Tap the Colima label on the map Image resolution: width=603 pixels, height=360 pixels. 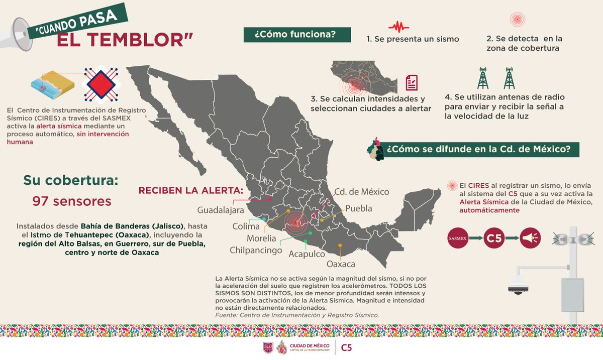point(246,226)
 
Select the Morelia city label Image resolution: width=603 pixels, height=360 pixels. point(261,238)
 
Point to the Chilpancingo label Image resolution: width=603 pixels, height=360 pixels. point(256,250)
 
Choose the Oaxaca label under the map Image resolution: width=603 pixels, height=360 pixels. point(341,264)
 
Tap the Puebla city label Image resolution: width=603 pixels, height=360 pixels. point(359,208)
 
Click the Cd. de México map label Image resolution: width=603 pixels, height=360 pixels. point(362,192)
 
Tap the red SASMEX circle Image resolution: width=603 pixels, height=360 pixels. point(460,239)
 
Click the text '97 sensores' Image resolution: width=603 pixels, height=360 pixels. point(71,201)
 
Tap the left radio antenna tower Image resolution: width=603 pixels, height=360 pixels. point(483,78)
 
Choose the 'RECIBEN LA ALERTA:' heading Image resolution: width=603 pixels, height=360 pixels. point(191,191)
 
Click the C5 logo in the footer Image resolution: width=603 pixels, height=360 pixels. point(347,347)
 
